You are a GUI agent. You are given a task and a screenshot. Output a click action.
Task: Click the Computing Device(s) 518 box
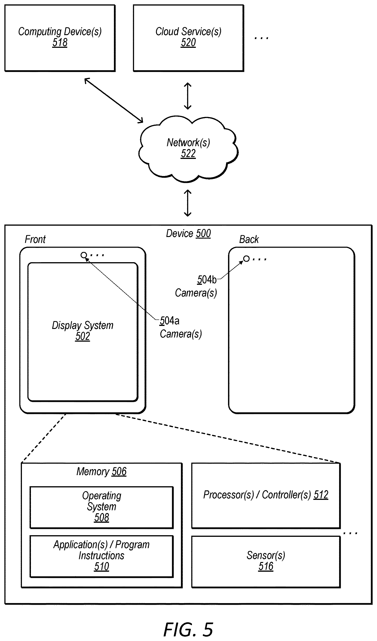click(x=60, y=38)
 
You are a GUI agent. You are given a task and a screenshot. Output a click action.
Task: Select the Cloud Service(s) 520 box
click(x=188, y=38)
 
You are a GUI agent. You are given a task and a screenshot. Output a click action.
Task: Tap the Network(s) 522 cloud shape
click(x=188, y=149)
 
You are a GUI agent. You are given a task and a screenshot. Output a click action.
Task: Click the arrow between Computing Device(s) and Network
click(x=114, y=100)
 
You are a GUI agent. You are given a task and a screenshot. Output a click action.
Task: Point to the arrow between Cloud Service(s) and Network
click(x=188, y=96)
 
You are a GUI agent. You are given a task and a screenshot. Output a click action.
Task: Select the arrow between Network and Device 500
click(x=188, y=203)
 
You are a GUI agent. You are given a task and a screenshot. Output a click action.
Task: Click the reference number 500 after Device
click(x=203, y=234)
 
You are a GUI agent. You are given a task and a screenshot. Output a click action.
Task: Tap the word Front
click(x=35, y=239)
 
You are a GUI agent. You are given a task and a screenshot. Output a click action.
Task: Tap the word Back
click(x=249, y=239)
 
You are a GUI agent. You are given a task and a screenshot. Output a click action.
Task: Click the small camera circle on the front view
click(x=84, y=255)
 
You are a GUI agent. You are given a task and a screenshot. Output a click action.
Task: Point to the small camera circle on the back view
click(x=246, y=259)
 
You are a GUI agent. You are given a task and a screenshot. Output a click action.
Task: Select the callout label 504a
click(x=169, y=321)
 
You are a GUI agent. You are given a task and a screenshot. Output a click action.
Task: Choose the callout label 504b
click(x=207, y=279)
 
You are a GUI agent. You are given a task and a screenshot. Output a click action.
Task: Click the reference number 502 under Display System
click(x=83, y=336)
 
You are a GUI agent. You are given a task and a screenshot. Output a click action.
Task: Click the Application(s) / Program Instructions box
click(x=102, y=556)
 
